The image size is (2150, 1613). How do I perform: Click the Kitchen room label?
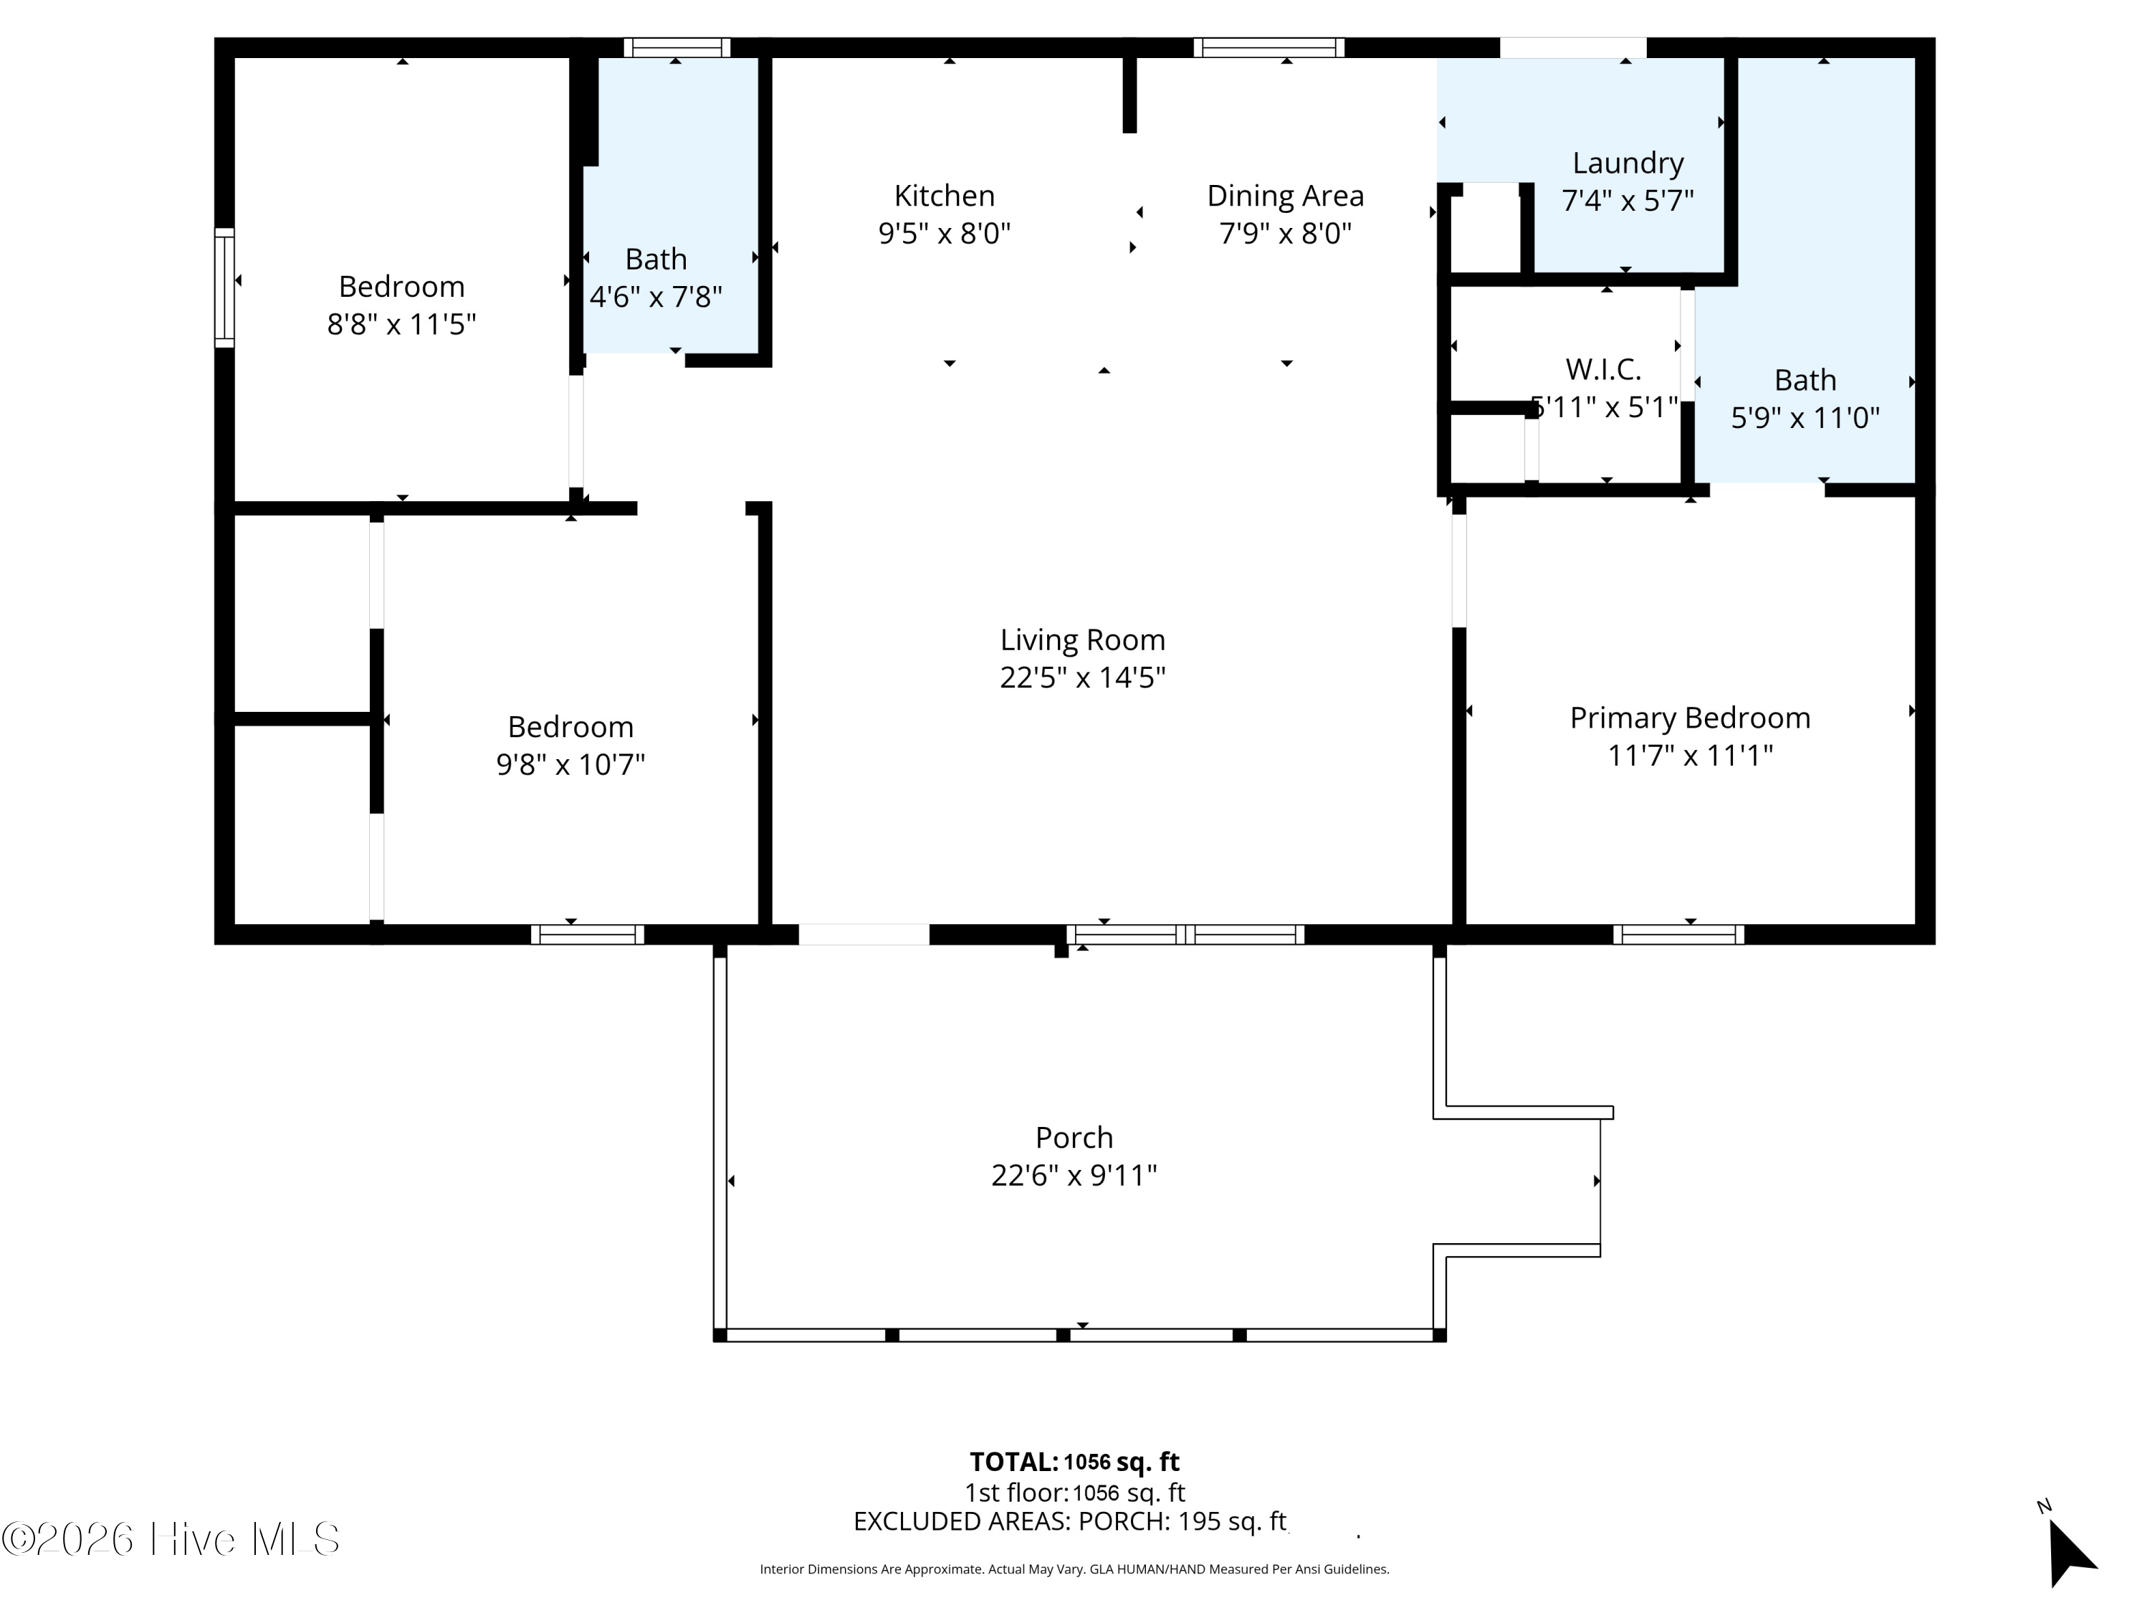pos(944,196)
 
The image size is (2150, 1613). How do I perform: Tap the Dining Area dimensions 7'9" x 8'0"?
pos(1285,233)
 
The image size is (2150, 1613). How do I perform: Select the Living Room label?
pos(1081,639)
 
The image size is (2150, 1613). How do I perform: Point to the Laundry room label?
pos(1627,162)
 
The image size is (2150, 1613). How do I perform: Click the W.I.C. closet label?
pos(1602,369)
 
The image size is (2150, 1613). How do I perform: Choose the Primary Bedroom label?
pos(1689,718)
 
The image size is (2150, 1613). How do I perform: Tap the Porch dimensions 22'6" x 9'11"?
pos(1073,1176)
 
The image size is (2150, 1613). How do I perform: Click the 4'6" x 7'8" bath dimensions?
pos(656,297)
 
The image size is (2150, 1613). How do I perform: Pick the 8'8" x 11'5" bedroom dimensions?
pos(401,324)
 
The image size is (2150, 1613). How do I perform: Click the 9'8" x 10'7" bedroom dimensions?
pos(570,764)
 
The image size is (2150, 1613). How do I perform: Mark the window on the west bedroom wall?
pos(224,287)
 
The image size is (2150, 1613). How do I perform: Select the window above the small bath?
pos(677,47)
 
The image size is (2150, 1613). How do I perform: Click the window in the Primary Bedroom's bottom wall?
pos(1678,934)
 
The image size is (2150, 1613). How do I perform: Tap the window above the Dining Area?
pos(1268,47)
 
